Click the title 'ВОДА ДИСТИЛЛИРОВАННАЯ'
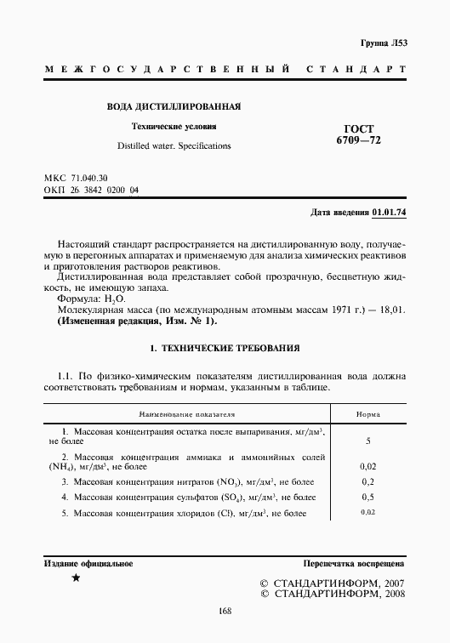tap(174, 107)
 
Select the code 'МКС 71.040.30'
tap(76, 177)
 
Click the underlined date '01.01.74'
tap(389, 212)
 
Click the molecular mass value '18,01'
tap(390, 311)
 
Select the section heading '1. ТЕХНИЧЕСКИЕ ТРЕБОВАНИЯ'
tap(225, 350)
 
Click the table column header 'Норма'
tap(367, 415)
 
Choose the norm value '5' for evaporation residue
tap(367, 441)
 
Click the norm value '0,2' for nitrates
tap(367, 481)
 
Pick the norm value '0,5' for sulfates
tap(367, 497)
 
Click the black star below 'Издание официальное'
tap(76, 579)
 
